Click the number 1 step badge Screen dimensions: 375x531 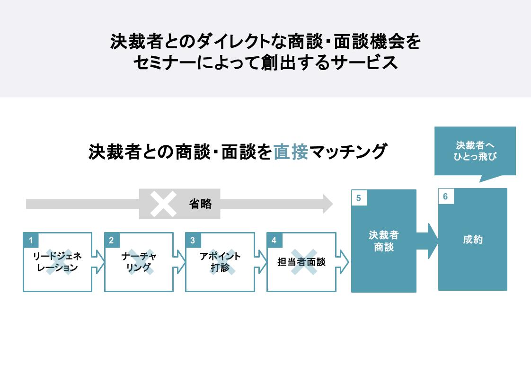pyautogui.click(x=31, y=241)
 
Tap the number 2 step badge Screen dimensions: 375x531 pyautogui.click(x=112, y=241)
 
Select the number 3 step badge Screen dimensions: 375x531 pyautogui.click(x=193, y=241)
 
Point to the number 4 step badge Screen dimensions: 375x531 pyautogui.click(x=274, y=241)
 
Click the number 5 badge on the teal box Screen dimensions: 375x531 pyautogui.click(x=359, y=198)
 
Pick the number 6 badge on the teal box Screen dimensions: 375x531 pyautogui.click(x=446, y=196)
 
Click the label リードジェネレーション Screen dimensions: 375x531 pyautogui.click(x=57, y=262)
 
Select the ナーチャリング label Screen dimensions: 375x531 pyautogui.click(x=139, y=262)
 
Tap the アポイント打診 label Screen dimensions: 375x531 pyautogui.click(x=220, y=262)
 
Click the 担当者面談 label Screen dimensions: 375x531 pyautogui.click(x=301, y=262)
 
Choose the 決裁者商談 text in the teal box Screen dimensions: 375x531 pyautogui.click(x=383, y=241)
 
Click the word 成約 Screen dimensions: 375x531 pyautogui.click(x=472, y=240)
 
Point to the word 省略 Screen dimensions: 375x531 pyautogui.click(x=200, y=204)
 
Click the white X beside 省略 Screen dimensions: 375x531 pyautogui.click(x=163, y=204)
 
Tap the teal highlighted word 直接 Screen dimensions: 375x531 pyautogui.click(x=291, y=152)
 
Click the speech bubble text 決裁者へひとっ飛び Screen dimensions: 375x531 pyautogui.click(x=475, y=151)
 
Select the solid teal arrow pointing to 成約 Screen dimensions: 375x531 pyautogui.click(x=427, y=241)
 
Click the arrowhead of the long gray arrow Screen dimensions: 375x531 pyautogui.click(x=327, y=204)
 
